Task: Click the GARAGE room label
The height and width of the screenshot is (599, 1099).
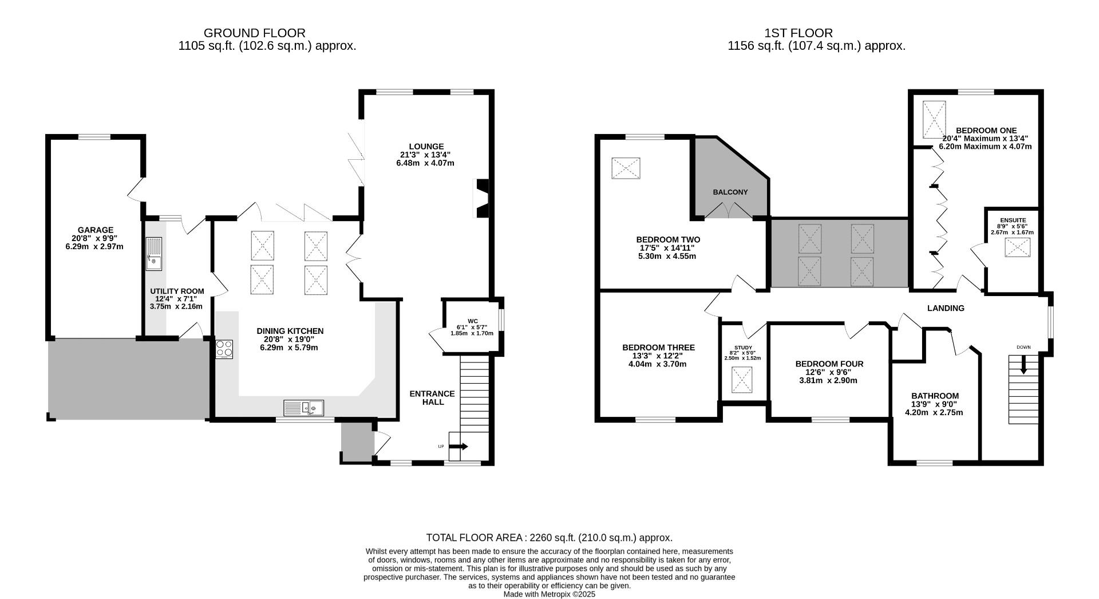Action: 95,230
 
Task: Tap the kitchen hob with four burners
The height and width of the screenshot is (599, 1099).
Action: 224,349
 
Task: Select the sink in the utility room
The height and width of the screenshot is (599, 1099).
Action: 154,254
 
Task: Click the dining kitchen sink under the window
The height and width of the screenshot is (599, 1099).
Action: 303,408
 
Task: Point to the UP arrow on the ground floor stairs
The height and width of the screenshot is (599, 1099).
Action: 458,446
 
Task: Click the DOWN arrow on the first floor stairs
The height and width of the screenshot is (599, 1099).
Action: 1023,364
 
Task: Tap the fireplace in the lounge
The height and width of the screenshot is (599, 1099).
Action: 481,198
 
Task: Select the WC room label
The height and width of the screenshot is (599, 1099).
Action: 472,321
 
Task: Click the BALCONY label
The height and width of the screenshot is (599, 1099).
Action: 730,192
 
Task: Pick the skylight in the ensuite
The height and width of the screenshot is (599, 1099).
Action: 1018,247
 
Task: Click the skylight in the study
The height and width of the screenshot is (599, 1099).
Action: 742,380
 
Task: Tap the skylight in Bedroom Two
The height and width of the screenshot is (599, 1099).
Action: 626,168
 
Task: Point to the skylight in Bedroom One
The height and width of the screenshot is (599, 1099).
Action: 934,119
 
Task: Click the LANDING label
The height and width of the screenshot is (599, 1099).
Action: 946,308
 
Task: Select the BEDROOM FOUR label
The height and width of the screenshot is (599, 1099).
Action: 829,364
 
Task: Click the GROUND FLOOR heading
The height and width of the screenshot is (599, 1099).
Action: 255,33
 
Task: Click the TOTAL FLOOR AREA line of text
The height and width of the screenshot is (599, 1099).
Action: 549,538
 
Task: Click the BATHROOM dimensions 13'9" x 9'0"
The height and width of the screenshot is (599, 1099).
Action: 934,404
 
